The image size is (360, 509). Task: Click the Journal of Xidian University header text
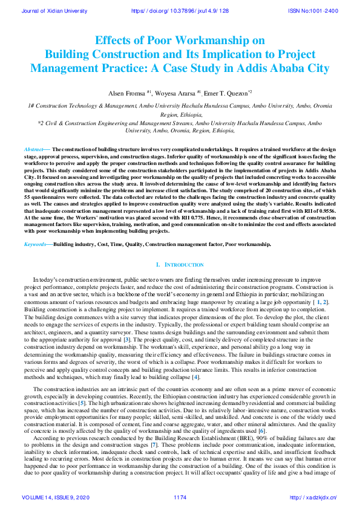tap(55, 11)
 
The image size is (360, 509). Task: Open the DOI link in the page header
tap(180, 11)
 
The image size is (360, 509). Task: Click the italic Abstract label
tap(34, 149)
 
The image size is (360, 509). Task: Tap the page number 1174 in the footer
tap(180, 498)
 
